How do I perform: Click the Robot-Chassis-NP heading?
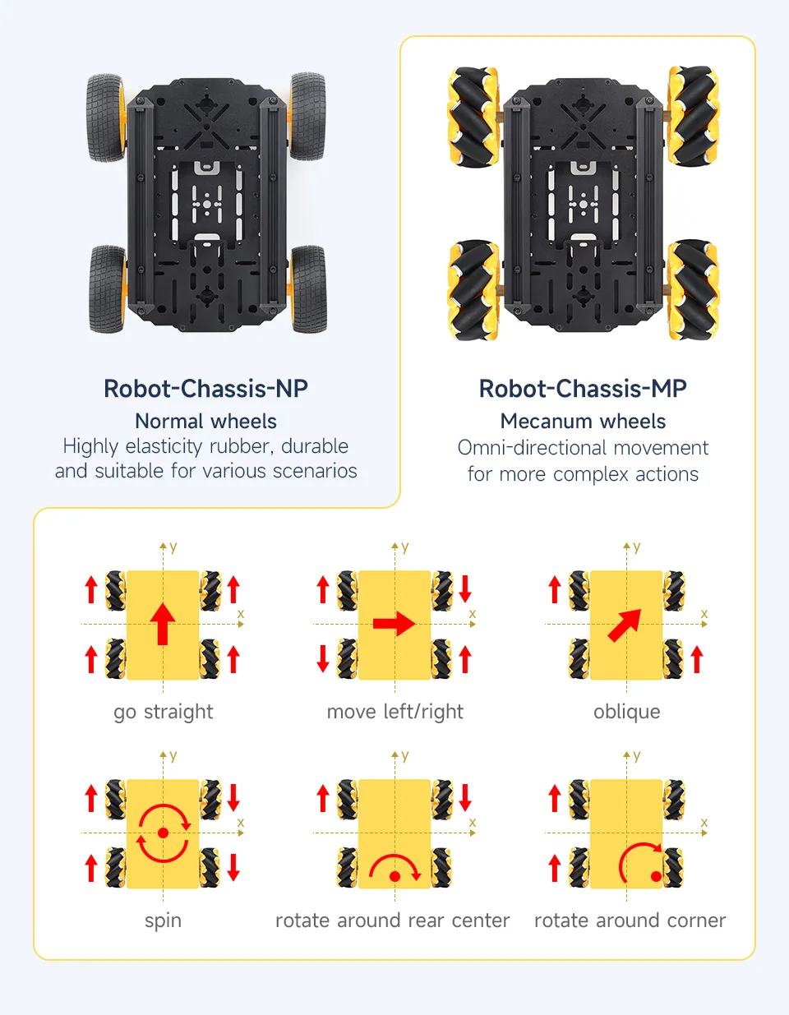click(205, 389)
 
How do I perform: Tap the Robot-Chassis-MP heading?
click(583, 389)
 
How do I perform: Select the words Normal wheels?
click(205, 422)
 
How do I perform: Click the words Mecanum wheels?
click(583, 422)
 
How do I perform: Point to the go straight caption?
click(163, 712)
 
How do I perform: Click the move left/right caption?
click(394, 712)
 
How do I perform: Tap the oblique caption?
click(626, 712)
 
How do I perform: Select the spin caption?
click(163, 920)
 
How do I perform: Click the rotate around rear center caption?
click(392, 920)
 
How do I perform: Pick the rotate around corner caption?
click(630, 920)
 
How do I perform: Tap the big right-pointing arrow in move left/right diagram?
click(394, 624)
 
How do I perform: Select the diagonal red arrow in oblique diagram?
click(625, 625)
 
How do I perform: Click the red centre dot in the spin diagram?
click(163, 833)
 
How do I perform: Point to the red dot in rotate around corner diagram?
click(656, 876)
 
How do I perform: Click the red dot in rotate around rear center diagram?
click(394, 876)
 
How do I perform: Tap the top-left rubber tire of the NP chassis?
click(106, 118)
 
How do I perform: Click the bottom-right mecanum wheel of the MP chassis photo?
click(692, 289)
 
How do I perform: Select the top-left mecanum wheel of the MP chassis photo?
click(473, 117)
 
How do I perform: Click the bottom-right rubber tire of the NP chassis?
click(308, 289)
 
